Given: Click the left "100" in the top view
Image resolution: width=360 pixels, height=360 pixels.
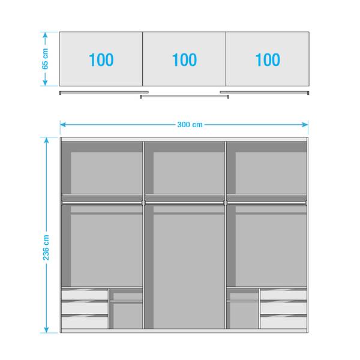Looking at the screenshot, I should pos(101,60).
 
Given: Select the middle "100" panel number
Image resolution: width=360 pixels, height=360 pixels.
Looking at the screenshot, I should pos(184,60).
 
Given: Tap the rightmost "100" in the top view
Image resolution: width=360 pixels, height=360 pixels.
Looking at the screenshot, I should pos(267,60).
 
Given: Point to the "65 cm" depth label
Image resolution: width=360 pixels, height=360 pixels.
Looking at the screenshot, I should pos(46,59).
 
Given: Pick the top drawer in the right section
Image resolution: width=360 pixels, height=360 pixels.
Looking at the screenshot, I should pos(283,295).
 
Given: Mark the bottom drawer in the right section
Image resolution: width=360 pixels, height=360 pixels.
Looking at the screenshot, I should pos(283,322).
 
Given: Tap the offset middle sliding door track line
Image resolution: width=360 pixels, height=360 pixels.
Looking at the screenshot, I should pos(184,96).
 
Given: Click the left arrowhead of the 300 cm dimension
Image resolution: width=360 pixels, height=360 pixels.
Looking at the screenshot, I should pos(62,125).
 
